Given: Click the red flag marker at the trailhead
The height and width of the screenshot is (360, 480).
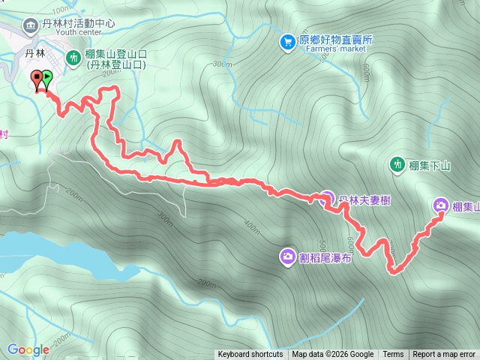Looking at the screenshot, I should (37, 78).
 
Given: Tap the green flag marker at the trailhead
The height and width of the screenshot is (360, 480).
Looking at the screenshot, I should (47, 77).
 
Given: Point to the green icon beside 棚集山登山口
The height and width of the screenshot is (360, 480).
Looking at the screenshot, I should (73, 56).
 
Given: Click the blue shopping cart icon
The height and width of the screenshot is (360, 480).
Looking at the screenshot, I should (287, 42).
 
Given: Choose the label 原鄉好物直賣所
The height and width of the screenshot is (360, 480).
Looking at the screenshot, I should (336, 40).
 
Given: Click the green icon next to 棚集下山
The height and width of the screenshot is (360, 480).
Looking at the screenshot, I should (397, 163).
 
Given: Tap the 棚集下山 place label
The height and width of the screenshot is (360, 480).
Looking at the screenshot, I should (430, 163).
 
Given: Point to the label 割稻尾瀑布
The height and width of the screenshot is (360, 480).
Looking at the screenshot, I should (325, 257).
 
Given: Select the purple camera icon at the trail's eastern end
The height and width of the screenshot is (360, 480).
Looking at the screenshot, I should (441, 205).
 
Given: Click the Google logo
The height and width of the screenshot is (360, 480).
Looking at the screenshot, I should (28, 349).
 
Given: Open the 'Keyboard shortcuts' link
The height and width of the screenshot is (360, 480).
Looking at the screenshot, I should (250, 355).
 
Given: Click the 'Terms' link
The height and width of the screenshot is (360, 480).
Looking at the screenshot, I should (393, 355).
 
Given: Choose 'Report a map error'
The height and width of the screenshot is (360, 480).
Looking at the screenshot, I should (444, 355).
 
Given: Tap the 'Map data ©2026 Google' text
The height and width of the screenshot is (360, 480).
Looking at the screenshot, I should (333, 355).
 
